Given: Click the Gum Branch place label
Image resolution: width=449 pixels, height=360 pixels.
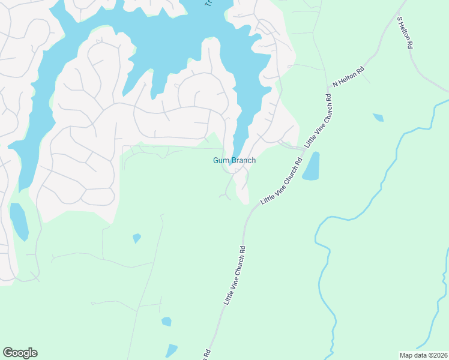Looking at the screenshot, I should (x=234, y=160).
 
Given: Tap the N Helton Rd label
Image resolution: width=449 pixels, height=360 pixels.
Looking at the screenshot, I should (x=348, y=77).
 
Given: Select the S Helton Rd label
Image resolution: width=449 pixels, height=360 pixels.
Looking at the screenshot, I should (x=405, y=32).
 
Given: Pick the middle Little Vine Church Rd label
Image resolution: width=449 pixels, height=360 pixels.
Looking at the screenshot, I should (x=281, y=180).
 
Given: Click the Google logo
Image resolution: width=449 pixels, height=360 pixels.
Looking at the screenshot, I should (x=20, y=353).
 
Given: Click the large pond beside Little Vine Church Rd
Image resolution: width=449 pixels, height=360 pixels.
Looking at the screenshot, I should (x=311, y=166).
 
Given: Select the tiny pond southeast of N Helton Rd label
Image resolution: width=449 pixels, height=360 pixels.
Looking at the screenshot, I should (x=378, y=117).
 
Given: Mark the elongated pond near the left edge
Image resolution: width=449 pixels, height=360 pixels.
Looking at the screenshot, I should (x=19, y=221).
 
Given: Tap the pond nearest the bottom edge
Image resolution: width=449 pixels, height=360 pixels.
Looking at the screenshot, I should (x=172, y=350).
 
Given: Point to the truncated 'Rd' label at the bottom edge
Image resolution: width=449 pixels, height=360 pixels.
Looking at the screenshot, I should (x=206, y=354).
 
